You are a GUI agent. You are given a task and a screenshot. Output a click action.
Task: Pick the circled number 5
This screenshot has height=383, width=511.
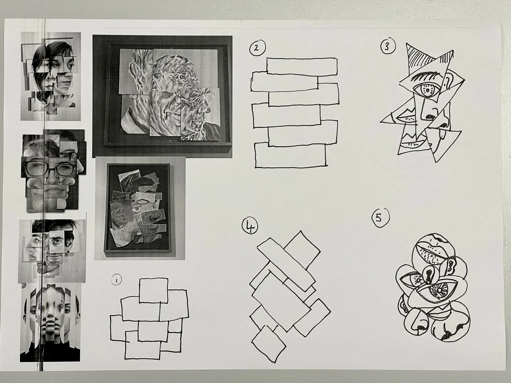[380, 218]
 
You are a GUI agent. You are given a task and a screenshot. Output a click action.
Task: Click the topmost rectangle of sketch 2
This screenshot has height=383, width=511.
[302, 66]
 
